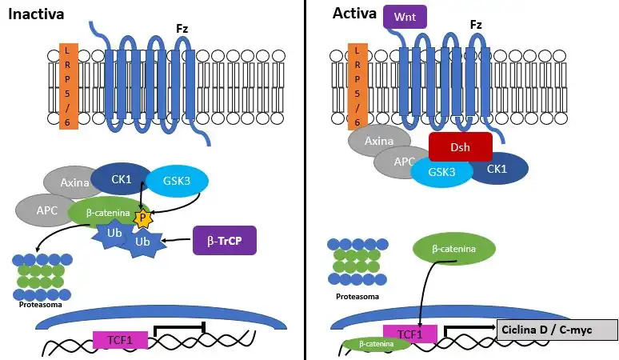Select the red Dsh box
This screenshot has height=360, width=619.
(460, 147)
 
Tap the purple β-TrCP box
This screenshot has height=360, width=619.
(224, 239)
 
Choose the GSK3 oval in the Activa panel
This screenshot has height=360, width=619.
(441, 171)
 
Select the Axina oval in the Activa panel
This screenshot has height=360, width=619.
(378, 142)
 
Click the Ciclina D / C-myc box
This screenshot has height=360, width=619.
(557, 330)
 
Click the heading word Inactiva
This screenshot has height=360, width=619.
(36, 14)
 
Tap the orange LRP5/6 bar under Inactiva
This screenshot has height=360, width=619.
(68, 85)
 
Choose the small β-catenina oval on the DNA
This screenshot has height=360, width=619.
(377, 344)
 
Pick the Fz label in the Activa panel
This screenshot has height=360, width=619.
(476, 25)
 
